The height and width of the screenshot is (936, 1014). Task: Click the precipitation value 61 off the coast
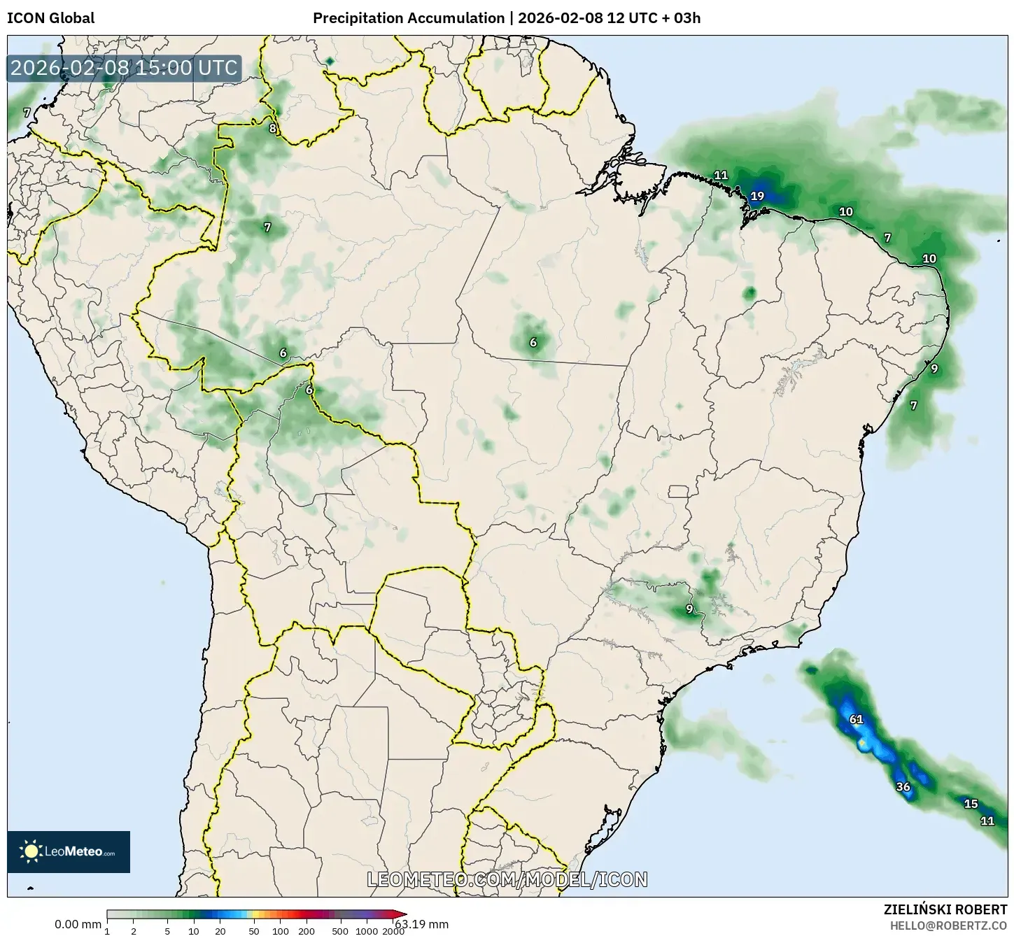(x=856, y=719)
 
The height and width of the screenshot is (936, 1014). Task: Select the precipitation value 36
(x=903, y=787)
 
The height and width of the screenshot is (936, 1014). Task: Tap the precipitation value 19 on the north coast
(x=757, y=197)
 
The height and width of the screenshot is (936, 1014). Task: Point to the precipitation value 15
(x=971, y=804)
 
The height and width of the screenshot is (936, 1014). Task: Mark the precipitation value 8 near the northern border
(x=272, y=128)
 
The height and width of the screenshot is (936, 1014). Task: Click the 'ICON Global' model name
(x=50, y=18)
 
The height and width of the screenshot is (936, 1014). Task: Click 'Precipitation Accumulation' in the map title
(x=409, y=18)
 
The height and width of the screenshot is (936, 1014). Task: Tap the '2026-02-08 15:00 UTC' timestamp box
(x=124, y=68)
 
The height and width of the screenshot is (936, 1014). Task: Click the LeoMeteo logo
(x=69, y=851)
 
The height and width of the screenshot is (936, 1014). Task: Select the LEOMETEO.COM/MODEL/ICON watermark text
(x=507, y=879)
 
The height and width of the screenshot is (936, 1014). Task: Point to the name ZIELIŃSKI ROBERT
(x=945, y=909)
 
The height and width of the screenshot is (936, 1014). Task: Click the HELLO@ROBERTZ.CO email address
(x=948, y=925)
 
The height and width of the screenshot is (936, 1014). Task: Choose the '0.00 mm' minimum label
(x=78, y=924)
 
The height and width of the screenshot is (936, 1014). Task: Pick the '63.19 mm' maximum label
(x=421, y=924)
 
